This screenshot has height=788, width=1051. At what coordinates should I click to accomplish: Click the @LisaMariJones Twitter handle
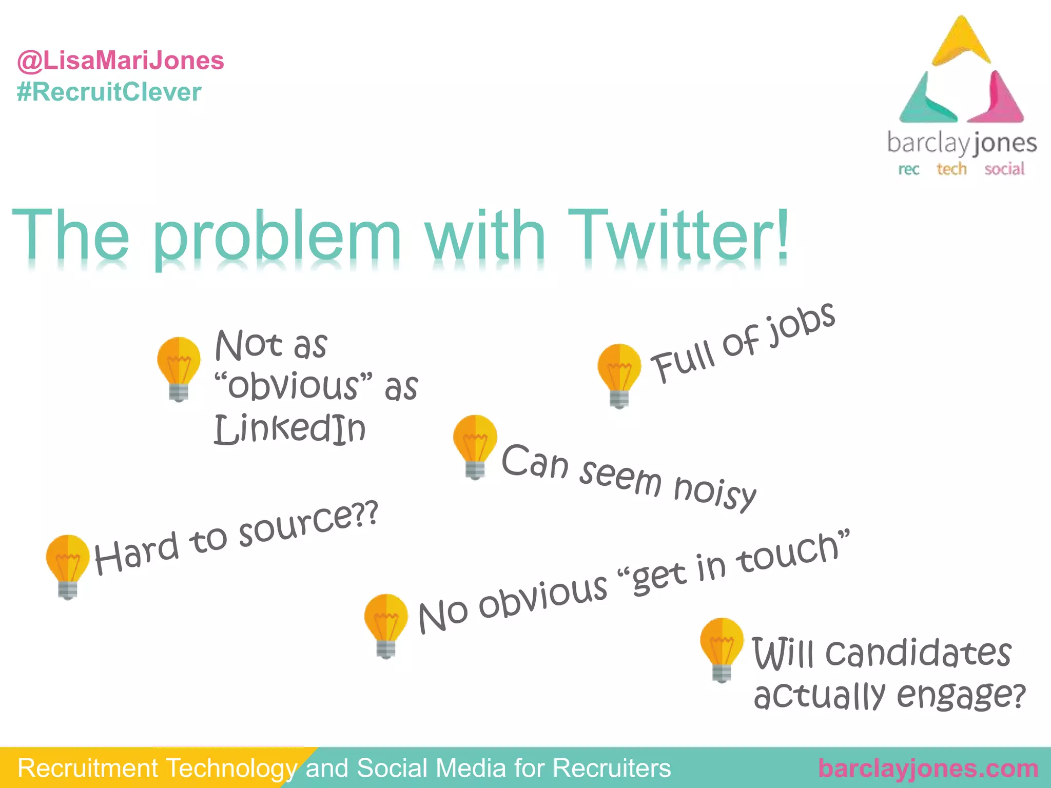coord(121,61)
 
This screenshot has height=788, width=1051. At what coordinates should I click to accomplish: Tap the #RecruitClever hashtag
coord(109,92)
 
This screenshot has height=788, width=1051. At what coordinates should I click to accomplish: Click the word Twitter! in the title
coord(677,235)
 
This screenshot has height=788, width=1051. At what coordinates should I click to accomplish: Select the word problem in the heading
coord(277,237)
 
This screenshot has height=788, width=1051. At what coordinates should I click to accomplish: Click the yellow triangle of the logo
coord(961,44)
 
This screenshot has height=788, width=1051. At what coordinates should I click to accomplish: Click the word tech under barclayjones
coord(951,169)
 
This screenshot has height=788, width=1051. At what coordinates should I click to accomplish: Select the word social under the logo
coord(1004,169)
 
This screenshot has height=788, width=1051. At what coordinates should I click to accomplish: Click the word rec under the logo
coord(908,169)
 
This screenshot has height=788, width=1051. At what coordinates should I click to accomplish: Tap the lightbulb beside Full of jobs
coord(619,375)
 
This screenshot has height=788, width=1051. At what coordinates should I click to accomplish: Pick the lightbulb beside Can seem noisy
coord(475,446)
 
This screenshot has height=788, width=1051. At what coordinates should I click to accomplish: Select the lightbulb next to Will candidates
coord(721,648)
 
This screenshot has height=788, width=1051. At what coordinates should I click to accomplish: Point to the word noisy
coord(714,493)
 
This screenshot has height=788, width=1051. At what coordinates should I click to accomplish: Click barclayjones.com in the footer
coord(928,769)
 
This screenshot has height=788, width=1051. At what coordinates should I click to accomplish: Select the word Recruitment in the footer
coord(88,769)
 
